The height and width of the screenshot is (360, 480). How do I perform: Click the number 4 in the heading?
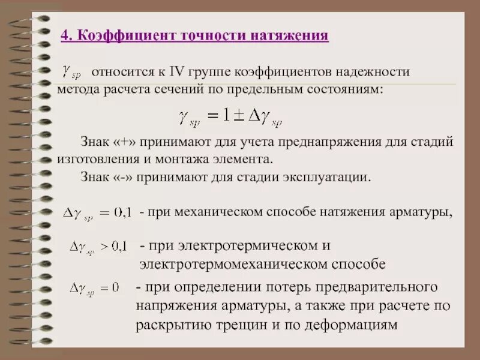pyautogui.click(x=65, y=35)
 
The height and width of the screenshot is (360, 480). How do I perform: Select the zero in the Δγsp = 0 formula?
pyautogui.click(x=115, y=288)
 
